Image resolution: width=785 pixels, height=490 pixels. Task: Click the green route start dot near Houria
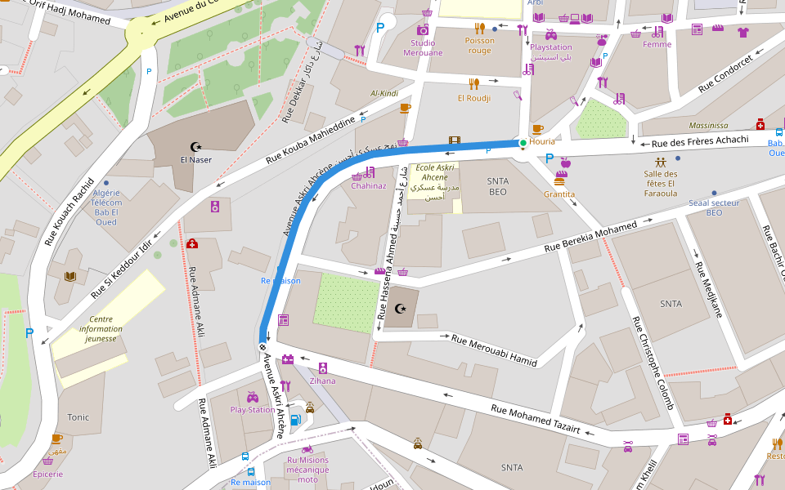tap(523, 144)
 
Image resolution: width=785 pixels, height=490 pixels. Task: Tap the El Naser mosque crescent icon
tap(195, 147)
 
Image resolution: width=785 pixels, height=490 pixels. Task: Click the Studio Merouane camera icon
tap(423, 30)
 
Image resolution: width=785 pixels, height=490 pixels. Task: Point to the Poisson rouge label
tap(480, 45)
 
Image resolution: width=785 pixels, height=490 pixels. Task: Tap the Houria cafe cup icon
tap(537, 129)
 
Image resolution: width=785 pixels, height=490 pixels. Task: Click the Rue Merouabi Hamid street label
tap(494, 350)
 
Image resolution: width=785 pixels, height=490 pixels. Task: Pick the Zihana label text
tap(322, 381)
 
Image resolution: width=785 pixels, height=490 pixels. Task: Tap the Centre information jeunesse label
tap(101, 328)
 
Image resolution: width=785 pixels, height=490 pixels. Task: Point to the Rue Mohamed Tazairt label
tap(535, 419)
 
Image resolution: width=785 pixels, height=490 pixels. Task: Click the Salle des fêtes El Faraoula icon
tap(660, 161)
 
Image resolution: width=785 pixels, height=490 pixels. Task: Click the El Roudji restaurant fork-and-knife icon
tap(473, 83)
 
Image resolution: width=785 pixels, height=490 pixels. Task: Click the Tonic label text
tap(78, 417)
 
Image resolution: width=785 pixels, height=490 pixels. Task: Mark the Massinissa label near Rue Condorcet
tap(708, 126)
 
